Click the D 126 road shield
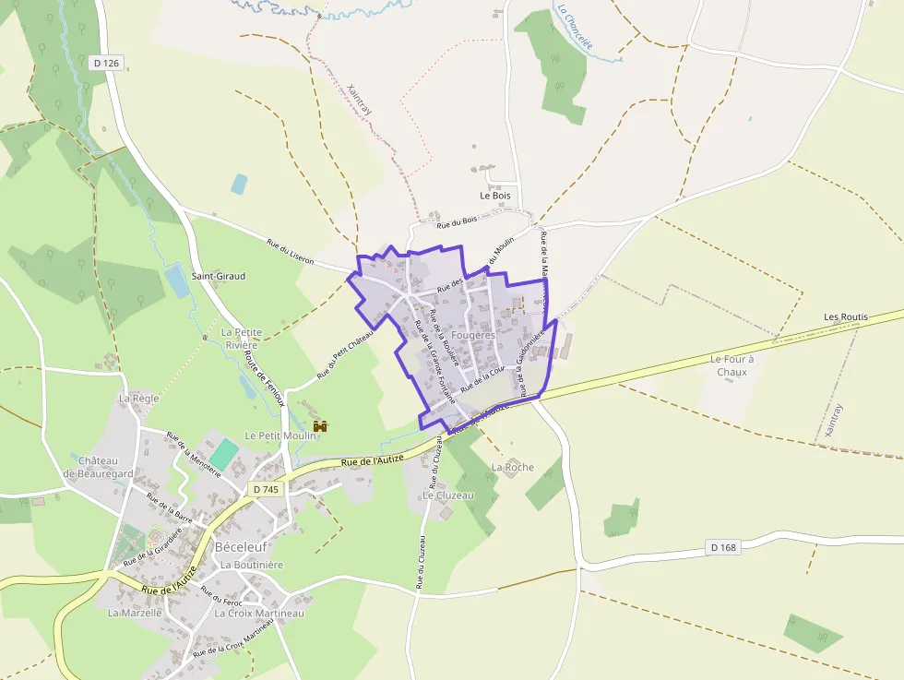pos(106,64)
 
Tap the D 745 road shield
pos(265,489)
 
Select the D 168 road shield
pos(724,547)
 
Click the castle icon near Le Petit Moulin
pos(321,426)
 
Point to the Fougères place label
pos(473,336)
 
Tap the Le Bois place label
pos(494,196)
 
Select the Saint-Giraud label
pos(218,276)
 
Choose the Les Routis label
pos(846,316)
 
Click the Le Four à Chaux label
pos(732,364)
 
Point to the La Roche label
pos(513,467)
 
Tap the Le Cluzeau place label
pos(448,495)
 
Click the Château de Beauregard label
pos(99,467)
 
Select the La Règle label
pos(139,398)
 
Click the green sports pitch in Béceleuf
pos(222,453)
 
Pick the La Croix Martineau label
pos(259,613)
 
